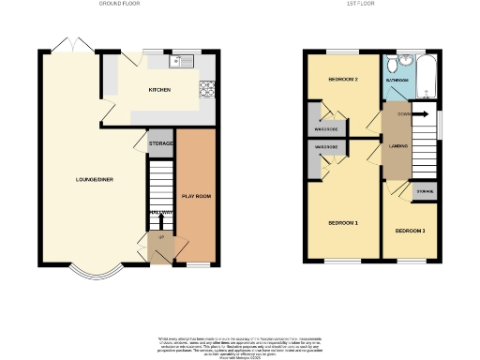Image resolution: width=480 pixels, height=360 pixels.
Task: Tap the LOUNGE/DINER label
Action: pyautogui.click(x=95, y=179)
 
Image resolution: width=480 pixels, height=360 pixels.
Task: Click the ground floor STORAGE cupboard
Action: pyautogui.click(x=161, y=143)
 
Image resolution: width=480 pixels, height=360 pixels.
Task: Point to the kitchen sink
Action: pyautogui.click(x=179, y=62)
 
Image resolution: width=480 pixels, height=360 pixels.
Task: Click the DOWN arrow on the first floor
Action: pyautogui.click(x=403, y=114)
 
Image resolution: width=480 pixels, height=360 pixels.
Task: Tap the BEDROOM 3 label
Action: pyautogui.click(x=410, y=230)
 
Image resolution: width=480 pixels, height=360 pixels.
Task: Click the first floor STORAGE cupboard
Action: pyautogui.click(x=426, y=193)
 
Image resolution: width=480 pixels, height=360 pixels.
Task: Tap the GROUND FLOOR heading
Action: pyautogui.click(x=119, y=4)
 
